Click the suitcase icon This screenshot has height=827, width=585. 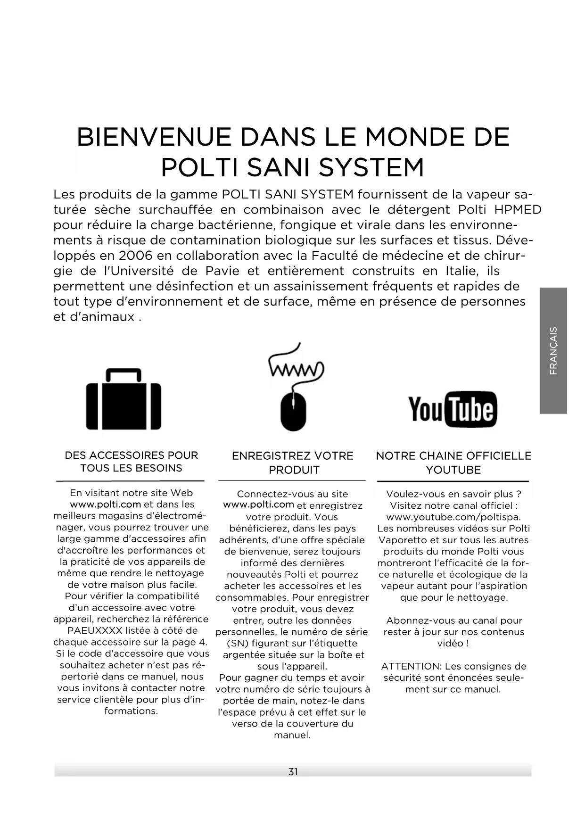(x=124, y=399)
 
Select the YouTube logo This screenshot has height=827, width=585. (x=453, y=409)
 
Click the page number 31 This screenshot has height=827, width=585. (x=293, y=771)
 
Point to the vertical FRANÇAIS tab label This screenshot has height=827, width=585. (x=553, y=350)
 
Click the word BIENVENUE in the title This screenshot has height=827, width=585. (x=154, y=137)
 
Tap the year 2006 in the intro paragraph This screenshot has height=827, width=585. (x=136, y=256)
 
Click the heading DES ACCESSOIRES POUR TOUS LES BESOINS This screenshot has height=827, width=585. (x=131, y=462)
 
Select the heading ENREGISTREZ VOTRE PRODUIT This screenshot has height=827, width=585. (x=292, y=463)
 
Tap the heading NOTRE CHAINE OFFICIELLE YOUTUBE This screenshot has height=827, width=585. (x=453, y=463)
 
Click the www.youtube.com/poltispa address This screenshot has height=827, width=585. (x=453, y=517)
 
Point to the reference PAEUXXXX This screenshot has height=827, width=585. (x=95, y=631)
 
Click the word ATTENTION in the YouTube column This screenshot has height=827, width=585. (x=411, y=666)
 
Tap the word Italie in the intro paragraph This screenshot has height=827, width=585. (x=462, y=271)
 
